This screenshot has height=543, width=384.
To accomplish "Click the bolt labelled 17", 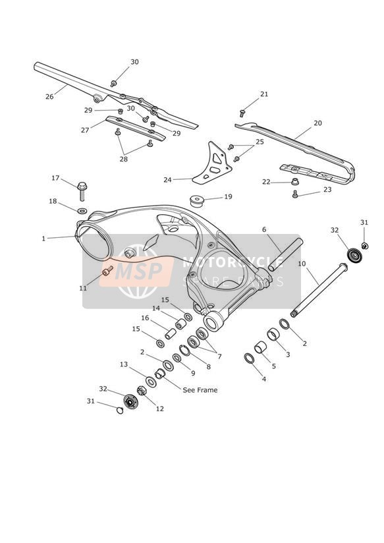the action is coord(82,191).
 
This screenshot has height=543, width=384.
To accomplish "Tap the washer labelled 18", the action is coord(82,210).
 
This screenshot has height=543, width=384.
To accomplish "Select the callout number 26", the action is coord(49,97).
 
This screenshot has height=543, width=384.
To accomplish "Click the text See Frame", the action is coord(200,390).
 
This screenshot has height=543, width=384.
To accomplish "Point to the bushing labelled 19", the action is coord(197,201).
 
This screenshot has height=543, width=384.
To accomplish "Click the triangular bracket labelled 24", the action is coord(212,163).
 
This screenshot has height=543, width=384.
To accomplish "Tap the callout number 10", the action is coord(302,264).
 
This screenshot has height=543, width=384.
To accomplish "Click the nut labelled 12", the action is coord(141,391).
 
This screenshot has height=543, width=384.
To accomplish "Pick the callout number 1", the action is coord(43,239).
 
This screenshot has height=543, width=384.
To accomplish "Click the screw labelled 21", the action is coord(242,113).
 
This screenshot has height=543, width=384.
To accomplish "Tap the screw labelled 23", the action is coord(295,194).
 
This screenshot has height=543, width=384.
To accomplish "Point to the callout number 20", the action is coord(317,123).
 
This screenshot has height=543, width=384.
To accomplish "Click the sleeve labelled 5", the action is coord(261,347).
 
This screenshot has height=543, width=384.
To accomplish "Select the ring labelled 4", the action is coord(250,358).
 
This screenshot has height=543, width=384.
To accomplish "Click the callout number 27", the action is coord(85,130).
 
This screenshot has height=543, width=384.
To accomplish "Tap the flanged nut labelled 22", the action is coord(295,181).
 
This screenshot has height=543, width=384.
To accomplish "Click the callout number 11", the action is coord(83,288).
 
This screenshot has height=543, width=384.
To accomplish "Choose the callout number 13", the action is coord(124,364).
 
